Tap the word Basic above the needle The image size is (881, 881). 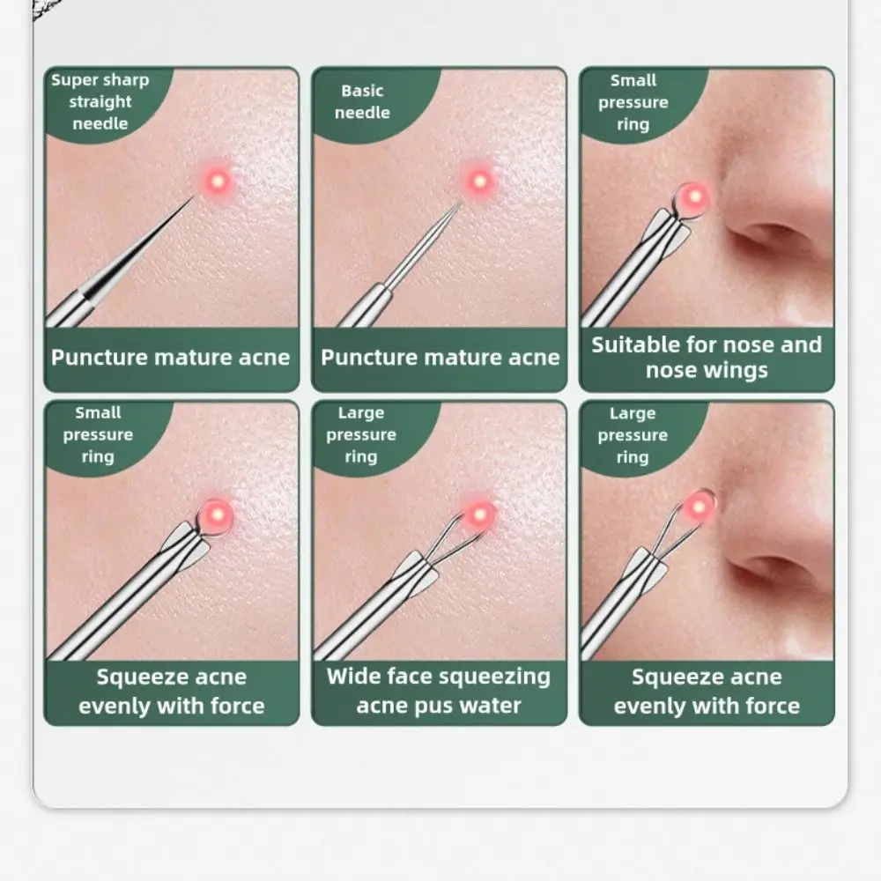click(x=362, y=91)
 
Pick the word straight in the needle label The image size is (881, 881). click(x=100, y=102)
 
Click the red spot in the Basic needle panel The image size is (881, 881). click(x=479, y=181)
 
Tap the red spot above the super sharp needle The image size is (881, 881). click(x=216, y=181)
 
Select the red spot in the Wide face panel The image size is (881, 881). click(x=481, y=514)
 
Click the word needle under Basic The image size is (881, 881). click(x=362, y=113)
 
